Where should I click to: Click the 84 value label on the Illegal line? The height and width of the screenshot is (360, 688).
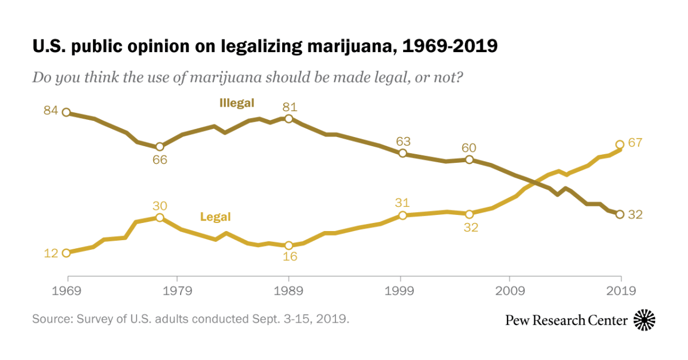tap(51, 111)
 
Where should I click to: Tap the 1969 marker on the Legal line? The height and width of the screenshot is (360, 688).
tap(66, 253)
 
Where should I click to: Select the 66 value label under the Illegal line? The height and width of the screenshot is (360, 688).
tap(159, 160)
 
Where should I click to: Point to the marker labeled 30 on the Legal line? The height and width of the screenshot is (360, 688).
tap(160, 218)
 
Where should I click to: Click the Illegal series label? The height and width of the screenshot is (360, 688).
tap(236, 103)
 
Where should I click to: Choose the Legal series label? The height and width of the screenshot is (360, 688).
tap(215, 217)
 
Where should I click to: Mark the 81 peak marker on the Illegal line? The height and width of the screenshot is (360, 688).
tap(289, 119)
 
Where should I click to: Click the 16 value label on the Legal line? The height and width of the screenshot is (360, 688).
tap(290, 257)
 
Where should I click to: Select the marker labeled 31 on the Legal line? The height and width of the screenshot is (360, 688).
tap(402, 216)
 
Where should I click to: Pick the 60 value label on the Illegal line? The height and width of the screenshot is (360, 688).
tap(469, 148)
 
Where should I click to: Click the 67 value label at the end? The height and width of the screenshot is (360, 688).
tap(635, 143)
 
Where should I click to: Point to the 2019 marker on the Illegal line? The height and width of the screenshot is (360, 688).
tap(619, 214)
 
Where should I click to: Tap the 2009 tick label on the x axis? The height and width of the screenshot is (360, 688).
tap(510, 291)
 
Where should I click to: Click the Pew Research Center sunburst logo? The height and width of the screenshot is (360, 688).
tap(644, 320)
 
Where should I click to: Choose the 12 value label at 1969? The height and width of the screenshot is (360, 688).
tap(51, 253)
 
